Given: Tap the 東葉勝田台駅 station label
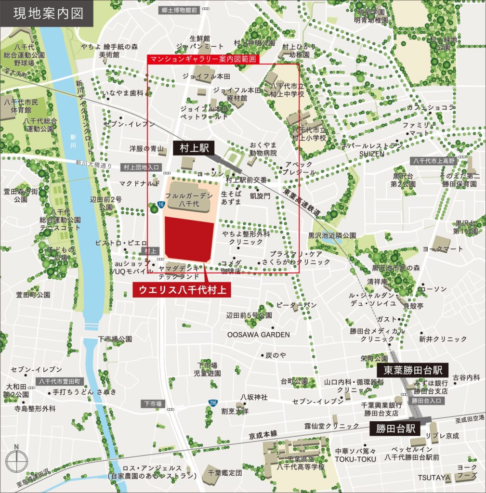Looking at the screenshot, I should click(416, 370).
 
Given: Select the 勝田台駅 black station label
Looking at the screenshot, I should click(394, 428).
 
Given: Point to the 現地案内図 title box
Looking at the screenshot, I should click(47, 13).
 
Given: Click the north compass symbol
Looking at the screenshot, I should click(16, 459).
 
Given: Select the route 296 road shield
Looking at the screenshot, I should click(212, 402).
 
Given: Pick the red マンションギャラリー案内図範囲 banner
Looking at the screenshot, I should click(203, 59).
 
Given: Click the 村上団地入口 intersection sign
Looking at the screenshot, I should click(141, 168).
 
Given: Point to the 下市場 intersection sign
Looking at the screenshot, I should click(153, 403).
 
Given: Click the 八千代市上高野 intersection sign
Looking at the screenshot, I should click(433, 161).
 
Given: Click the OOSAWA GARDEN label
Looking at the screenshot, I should click(258, 335).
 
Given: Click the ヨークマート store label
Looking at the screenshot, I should click(442, 248).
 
